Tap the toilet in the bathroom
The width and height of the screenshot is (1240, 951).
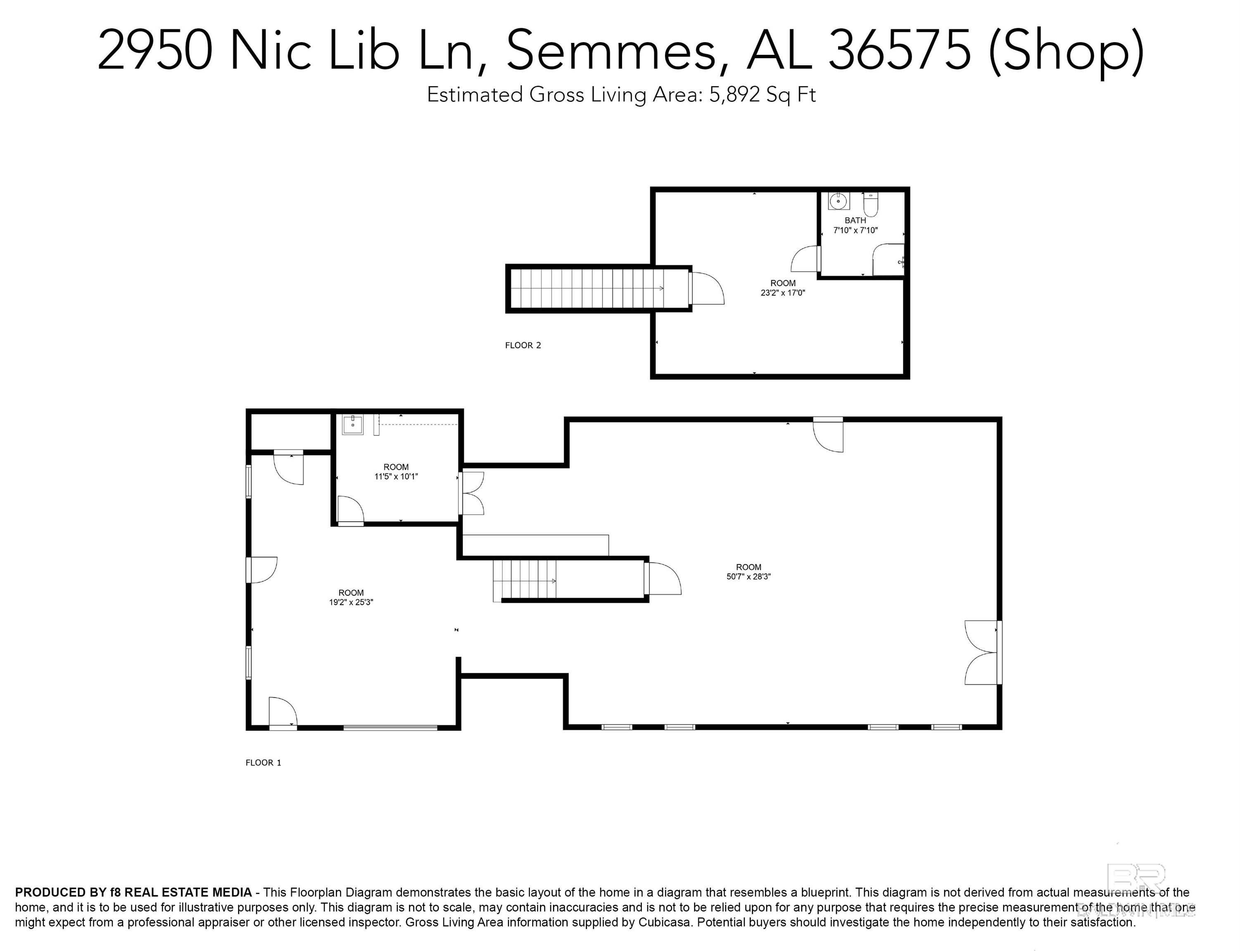coord(871,204)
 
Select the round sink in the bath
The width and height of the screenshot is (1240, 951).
coord(839,201)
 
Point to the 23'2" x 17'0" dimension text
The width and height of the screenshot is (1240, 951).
coord(782,293)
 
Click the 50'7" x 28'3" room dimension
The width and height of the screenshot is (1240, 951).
coord(748,577)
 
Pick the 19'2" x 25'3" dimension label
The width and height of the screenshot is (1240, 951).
coord(351,602)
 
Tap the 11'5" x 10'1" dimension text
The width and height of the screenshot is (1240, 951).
coord(396,477)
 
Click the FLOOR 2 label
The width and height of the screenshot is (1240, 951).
coord(523,345)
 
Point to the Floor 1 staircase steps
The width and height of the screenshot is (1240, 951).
coord(524,580)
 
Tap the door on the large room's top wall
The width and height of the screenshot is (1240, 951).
coord(828,434)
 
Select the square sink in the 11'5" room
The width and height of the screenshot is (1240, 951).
coord(352,424)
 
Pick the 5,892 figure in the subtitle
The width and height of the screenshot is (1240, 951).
coord(734,95)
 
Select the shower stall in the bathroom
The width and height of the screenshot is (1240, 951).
coord(888,260)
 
